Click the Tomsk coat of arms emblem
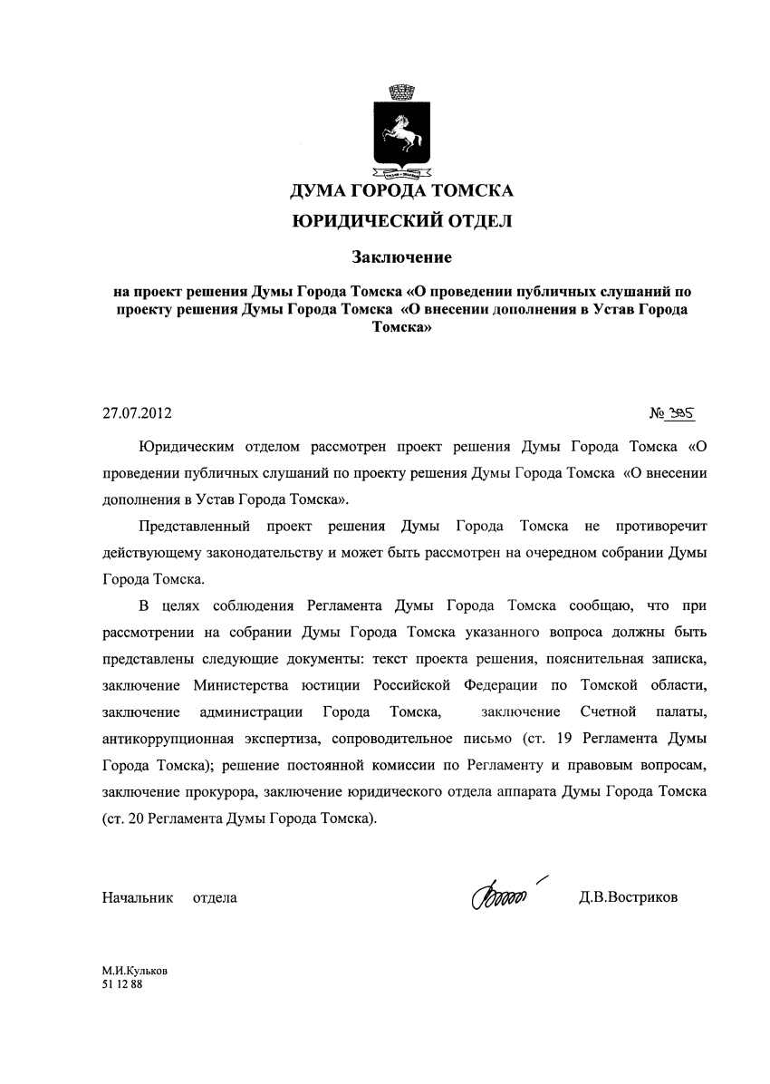coord(400,131)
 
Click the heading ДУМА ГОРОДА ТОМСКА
coord(400,191)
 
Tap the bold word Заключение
coord(401,257)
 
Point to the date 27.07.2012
coord(137,414)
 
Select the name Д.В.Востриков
coord(628,897)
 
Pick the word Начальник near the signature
coord(137,897)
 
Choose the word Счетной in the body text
coord(608,710)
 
